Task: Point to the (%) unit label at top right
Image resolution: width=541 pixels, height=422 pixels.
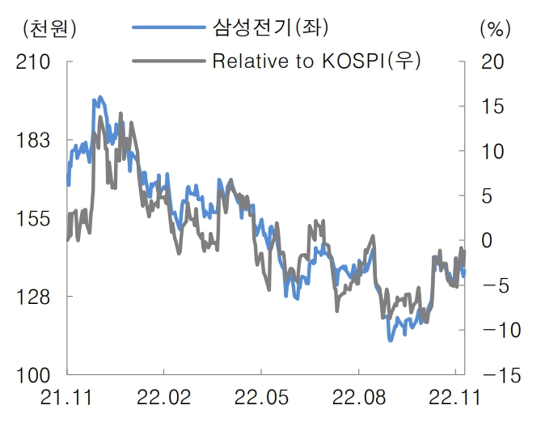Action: click(492, 28)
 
